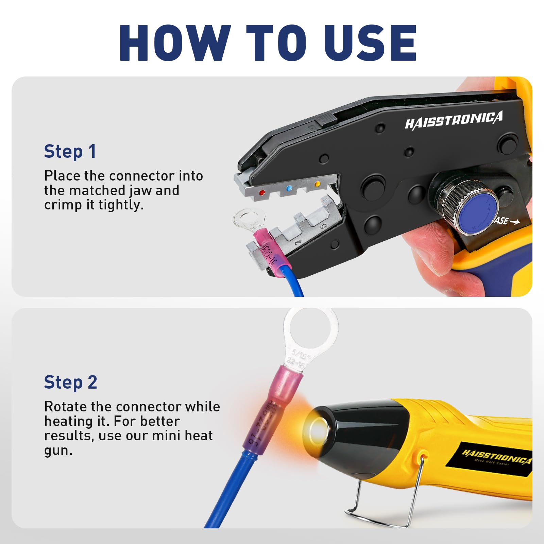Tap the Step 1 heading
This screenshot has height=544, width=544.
click(70, 152)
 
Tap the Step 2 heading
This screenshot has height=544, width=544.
click(71, 382)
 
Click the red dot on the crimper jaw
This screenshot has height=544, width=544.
click(261, 193)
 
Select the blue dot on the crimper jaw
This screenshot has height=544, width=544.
click(289, 188)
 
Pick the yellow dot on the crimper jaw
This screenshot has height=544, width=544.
click(318, 184)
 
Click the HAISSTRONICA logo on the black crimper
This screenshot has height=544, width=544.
click(454, 120)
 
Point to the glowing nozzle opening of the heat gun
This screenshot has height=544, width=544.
click(319, 429)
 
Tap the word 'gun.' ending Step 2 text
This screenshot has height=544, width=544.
click(58, 451)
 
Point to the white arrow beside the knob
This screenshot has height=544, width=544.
click(515, 222)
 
